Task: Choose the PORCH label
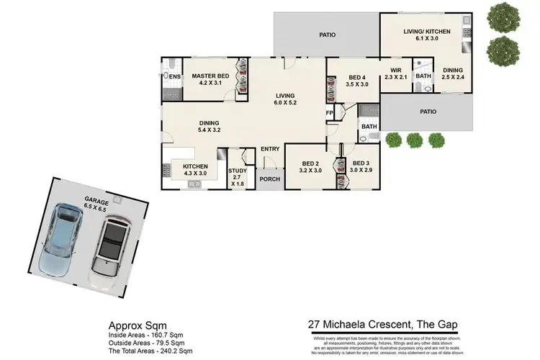(270, 179)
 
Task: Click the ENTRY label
(270, 149)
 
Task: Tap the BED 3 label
(361, 167)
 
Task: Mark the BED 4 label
(358, 81)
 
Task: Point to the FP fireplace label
(330, 113)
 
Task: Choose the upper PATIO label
(328, 34)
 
